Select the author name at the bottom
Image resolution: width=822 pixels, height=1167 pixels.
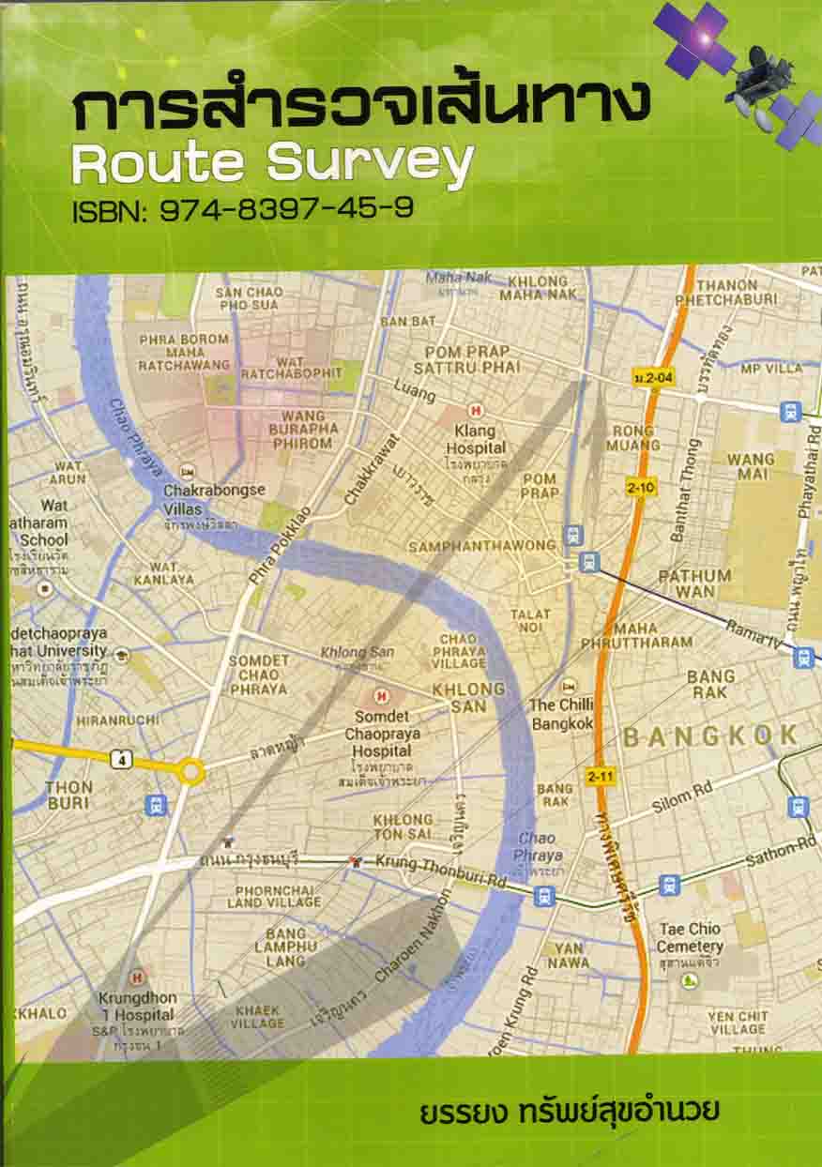pos(572,1114)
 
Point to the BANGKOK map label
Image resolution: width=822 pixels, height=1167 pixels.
pos(709,736)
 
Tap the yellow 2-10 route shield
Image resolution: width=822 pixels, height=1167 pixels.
pos(642,488)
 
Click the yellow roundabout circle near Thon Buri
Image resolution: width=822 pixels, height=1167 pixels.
pos(191,772)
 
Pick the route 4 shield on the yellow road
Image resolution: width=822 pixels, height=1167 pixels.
pos(119,761)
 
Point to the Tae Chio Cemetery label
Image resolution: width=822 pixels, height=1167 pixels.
pos(690,938)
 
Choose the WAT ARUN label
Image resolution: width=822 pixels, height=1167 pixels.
pos(68,472)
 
